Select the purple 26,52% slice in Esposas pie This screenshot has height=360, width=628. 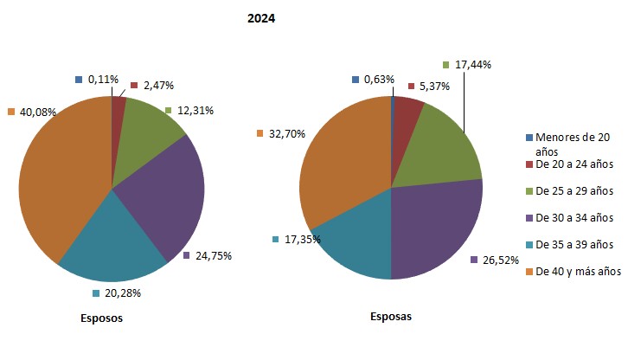pyautogui.click(x=441, y=229)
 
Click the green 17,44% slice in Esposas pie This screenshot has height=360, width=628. pyautogui.click(x=441, y=147)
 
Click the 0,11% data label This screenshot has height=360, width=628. pyautogui.click(x=103, y=79)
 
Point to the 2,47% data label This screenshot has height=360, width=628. pyautogui.click(x=157, y=86)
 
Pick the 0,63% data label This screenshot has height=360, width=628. pyautogui.click(x=379, y=80)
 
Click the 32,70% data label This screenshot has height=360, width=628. pyautogui.click(x=285, y=133)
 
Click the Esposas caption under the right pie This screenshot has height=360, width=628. pyautogui.click(x=390, y=317)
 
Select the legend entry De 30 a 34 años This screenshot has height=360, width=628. pyautogui.click(x=574, y=217)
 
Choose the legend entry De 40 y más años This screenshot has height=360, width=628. pyautogui.click(x=578, y=271)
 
